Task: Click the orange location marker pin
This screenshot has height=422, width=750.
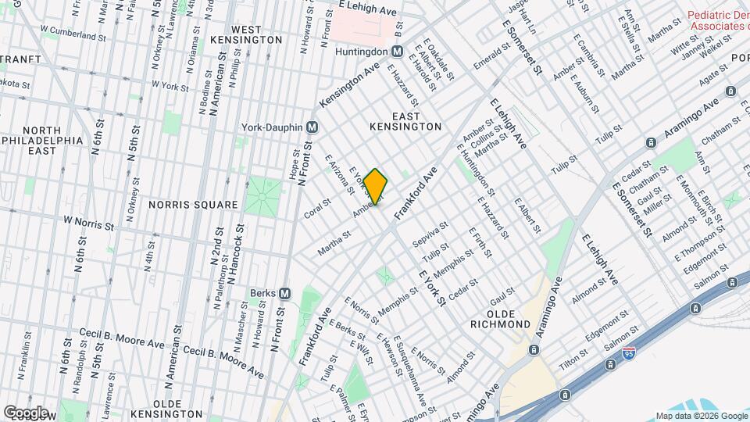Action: coord(375,187)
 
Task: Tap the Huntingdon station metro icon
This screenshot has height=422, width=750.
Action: coord(397,52)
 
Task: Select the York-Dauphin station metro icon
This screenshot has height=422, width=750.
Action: coord(312,127)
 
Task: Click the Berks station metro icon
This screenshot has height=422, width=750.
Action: coord(284,293)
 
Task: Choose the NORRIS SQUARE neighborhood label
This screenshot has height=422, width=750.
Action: coord(193,205)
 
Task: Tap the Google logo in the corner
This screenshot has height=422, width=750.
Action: coord(26,412)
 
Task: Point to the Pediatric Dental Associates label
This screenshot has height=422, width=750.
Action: coord(718,20)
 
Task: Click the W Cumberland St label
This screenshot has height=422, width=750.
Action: coord(73,36)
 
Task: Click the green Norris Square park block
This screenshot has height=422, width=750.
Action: coord(262,195)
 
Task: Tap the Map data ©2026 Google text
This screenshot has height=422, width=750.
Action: coord(701,416)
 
